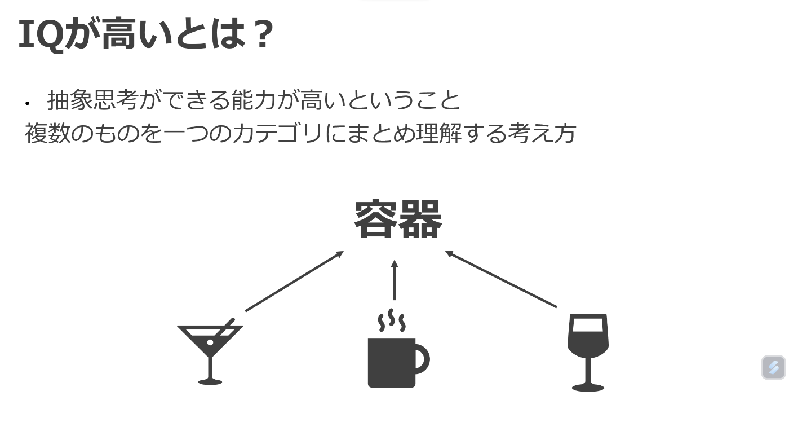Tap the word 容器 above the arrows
398,220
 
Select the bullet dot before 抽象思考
27,103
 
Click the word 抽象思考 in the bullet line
93,101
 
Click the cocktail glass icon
210,353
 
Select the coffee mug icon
394,361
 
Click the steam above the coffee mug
391,321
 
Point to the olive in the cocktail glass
210,342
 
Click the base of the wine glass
588,388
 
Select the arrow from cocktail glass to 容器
294,281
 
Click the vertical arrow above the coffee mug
394,280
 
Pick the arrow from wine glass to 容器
501,279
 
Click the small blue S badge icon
773,367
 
